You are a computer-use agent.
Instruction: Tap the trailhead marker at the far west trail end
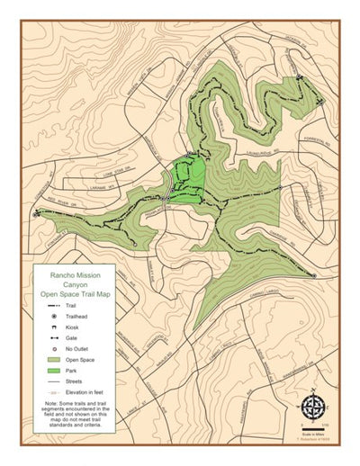[37, 213]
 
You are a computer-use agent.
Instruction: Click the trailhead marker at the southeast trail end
[312, 274]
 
